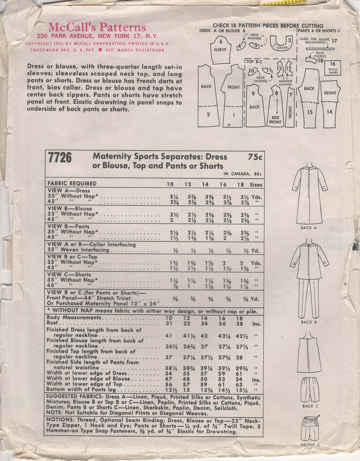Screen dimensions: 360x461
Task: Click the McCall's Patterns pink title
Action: point(97,28)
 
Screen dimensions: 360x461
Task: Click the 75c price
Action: point(255,157)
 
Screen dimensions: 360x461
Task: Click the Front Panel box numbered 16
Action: point(332,68)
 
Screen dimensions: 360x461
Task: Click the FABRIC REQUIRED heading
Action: point(72,184)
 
